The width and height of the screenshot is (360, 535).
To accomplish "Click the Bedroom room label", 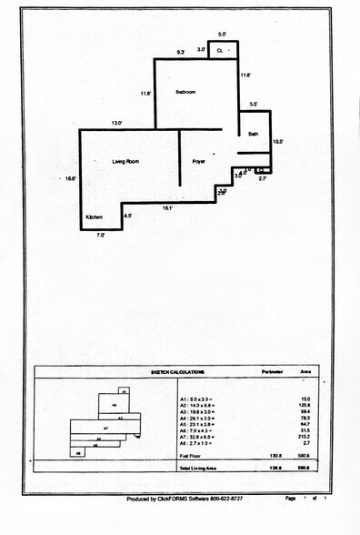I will point(186,93).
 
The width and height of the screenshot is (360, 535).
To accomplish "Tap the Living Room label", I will point(125,161).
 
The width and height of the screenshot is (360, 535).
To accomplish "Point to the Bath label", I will point(254,135).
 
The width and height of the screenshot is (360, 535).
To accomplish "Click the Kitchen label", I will point(95,218).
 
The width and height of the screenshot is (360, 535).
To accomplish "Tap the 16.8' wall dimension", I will point(70,179).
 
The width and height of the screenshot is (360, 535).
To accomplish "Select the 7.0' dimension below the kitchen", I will point(101,236).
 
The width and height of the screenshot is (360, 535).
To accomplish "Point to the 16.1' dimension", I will point(168,208).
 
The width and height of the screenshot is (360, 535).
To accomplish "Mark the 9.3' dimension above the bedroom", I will point(181,54).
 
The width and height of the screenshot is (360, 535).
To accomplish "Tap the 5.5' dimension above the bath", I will point(253,105).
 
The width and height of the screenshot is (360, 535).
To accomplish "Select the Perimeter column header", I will point(275,372).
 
